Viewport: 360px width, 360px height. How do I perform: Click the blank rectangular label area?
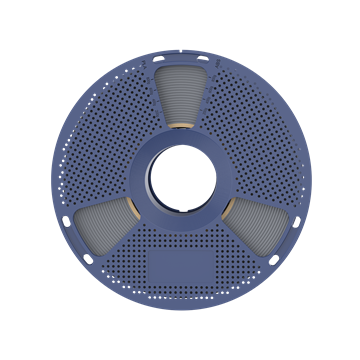181,269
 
